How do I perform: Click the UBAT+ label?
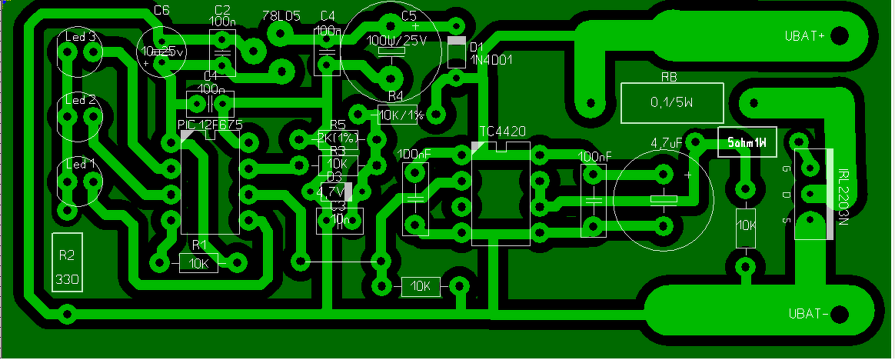(804, 36)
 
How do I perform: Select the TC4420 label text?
(502, 132)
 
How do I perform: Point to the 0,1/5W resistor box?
(672, 102)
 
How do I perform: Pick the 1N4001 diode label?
(491, 59)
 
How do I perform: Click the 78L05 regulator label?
(278, 15)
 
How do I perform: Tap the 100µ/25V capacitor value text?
(398, 40)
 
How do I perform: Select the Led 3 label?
(80, 36)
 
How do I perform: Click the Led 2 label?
(80, 100)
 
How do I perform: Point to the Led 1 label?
(80, 164)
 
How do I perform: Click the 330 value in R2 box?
(66, 278)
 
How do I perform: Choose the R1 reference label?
(200, 245)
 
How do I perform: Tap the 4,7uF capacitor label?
(667, 143)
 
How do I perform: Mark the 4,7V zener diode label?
(331, 191)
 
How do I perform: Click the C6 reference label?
(161, 10)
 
